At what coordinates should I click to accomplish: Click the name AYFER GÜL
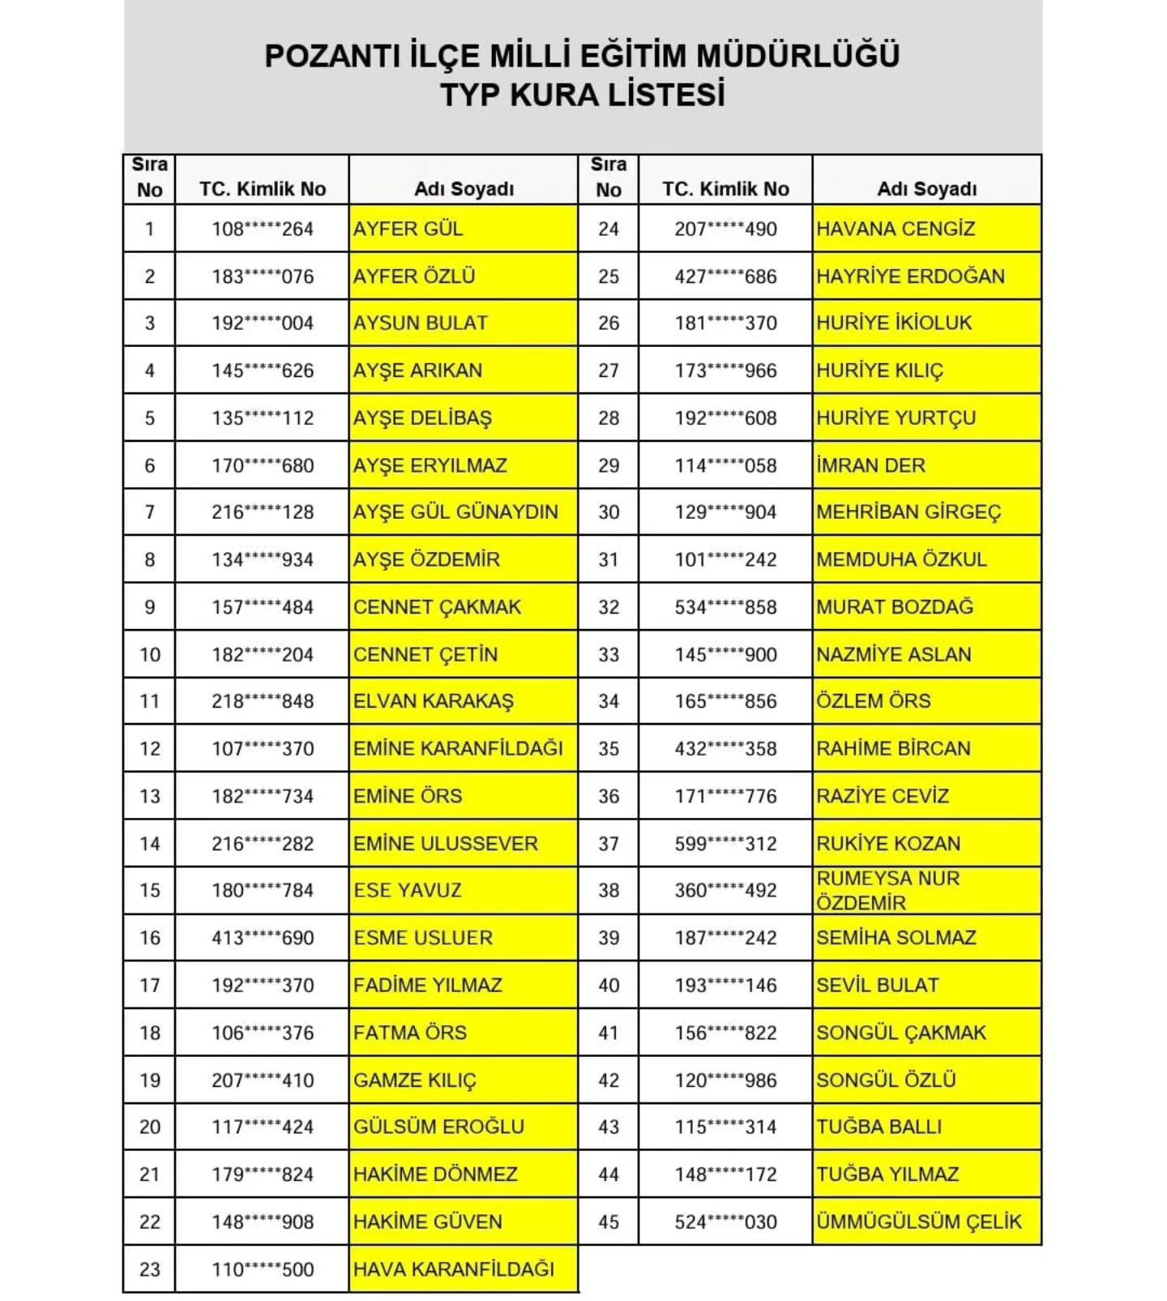point(408,229)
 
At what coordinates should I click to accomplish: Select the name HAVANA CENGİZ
point(895,229)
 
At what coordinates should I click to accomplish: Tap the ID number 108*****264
point(263,229)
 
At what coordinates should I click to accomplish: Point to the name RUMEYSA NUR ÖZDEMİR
point(888,890)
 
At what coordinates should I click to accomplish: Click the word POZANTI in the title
point(331,56)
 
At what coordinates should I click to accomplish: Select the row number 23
point(150,1269)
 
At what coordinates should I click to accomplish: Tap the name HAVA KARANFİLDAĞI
point(454,1269)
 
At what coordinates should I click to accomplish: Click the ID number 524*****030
point(725,1222)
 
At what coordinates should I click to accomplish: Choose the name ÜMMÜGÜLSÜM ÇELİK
point(919,1222)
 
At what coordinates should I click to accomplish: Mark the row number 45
point(609,1222)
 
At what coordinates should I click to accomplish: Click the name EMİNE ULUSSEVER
point(445,844)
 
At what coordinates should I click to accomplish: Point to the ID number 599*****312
point(725,844)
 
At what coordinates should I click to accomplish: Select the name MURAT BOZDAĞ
point(895,607)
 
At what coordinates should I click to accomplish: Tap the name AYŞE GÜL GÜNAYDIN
point(455,512)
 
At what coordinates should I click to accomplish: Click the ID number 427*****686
point(725,276)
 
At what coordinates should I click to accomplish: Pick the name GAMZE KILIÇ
point(415,1081)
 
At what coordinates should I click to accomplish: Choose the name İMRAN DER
point(870,466)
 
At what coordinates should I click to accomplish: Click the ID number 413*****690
point(263,938)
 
